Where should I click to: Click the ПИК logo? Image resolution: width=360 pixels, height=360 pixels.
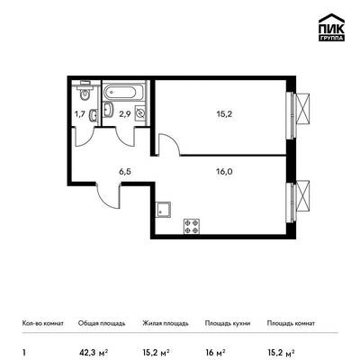(331, 28)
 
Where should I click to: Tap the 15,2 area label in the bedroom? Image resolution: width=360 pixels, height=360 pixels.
(225, 114)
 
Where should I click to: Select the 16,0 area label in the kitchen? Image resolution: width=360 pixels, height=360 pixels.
(225, 172)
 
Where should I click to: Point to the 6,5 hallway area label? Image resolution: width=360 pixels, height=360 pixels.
(125, 172)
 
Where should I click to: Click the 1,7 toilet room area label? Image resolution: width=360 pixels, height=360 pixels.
(80, 114)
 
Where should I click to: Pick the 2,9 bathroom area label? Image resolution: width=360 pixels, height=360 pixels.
(124, 114)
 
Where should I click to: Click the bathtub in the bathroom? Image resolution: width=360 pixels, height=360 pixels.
(123, 91)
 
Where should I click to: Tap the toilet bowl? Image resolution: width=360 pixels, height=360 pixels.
(85, 93)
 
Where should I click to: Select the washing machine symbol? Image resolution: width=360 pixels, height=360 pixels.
(140, 112)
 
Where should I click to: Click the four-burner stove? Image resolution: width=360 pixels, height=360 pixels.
(192, 227)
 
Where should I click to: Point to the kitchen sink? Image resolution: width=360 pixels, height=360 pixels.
(164, 209)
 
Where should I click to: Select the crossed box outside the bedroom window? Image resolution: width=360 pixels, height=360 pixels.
(302, 108)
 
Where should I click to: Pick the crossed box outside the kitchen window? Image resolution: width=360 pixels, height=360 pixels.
(302, 195)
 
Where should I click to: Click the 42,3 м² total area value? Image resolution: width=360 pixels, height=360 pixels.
(93, 352)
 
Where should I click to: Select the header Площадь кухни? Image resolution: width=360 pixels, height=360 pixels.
(228, 323)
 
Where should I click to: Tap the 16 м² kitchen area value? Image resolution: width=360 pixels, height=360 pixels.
(215, 352)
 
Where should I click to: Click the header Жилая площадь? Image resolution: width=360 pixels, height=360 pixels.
(166, 323)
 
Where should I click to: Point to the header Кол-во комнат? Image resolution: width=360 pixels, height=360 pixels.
(42, 323)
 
